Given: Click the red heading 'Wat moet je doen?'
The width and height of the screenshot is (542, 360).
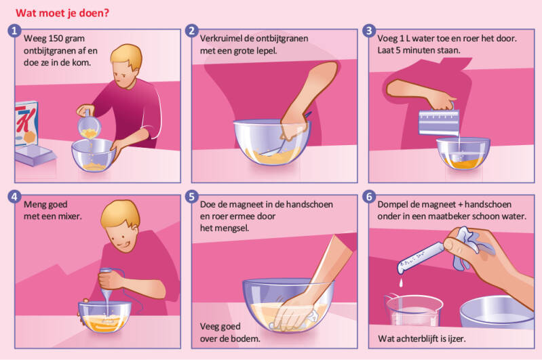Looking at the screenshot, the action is point(62,13).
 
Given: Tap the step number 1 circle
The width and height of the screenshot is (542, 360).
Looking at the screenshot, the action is point(14,31).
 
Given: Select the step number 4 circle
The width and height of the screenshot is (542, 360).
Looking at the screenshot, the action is point(14,197).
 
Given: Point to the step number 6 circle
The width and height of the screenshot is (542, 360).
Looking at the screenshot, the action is point(369,197).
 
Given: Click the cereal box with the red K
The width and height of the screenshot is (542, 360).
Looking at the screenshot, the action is point(26,123).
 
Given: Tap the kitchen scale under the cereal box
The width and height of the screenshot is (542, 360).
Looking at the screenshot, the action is point(34,155).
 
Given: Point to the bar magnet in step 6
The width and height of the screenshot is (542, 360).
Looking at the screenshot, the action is point(421,258).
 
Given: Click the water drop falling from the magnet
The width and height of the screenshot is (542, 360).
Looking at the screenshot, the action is point(401,283).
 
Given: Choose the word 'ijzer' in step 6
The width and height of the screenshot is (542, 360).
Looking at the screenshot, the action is point(456,339).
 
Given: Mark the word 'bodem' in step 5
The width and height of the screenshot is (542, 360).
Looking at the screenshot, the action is point(248,338).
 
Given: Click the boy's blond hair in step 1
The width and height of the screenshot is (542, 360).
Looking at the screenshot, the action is point(127,56).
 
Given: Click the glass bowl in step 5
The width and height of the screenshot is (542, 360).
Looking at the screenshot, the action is point(288,304).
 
